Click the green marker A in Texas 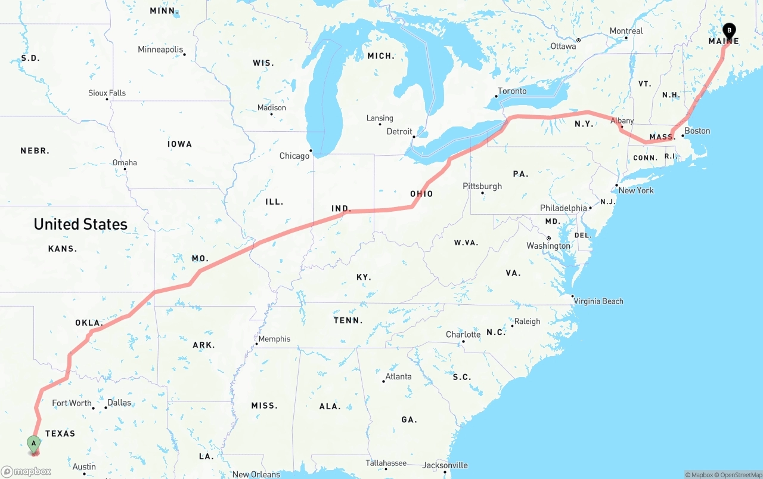pyautogui.click(x=34, y=443)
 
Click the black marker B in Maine pyautogui.click(x=729, y=30)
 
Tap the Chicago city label pyautogui.click(x=294, y=156)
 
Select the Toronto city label pyautogui.click(x=512, y=91)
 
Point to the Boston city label pyautogui.click(x=697, y=131)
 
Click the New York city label pyautogui.click(x=636, y=190)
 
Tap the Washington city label pyautogui.click(x=548, y=246)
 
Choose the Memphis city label pyautogui.click(x=274, y=339)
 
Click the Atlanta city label pyautogui.click(x=398, y=376)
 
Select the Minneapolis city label pyautogui.click(x=160, y=50)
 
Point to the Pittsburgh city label pyautogui.click(x=482, y=186)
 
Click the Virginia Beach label pyautogui.click(x=598, y=301)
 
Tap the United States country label pyautogui.click(x=80, y=224)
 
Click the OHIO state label pyautogui.click(x=421, y=194)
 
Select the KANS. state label pyautogui.click(x=63, y=249)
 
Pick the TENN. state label pyautogui.click(x=348, y=320)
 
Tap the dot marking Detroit pyautogui.click(x=414, y=137)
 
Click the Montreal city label pyautogui.click(x=626, y=31)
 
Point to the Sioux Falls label pyautogui.click(x=107, y=93)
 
